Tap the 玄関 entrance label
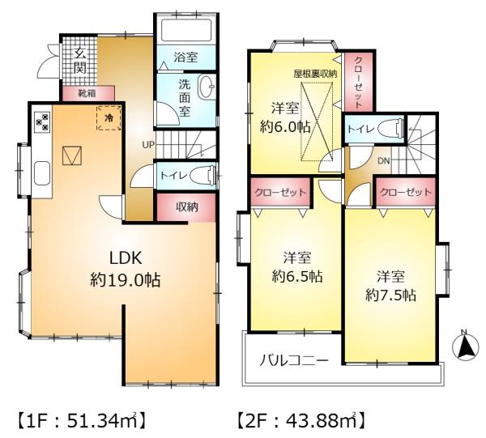tap(80, 61)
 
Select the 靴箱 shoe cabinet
tap(88, 93)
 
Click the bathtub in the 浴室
tap(186, 30)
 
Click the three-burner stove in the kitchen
tap(42, 121)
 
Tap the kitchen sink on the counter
tap(42, 173)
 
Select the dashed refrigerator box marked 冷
tap(109, 117)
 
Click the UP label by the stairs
tap(148, 144)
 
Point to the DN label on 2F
tap(383, 161)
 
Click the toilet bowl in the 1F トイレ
tap(202, 176)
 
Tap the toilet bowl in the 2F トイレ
tap(390, 129)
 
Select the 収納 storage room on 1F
tap(186, 207)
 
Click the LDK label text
tap(126, 257)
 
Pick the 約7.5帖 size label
tap(390, 296)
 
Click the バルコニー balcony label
tap(293, 360)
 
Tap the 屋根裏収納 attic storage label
tap(316, 74)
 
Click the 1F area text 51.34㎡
tap(103, 420)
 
